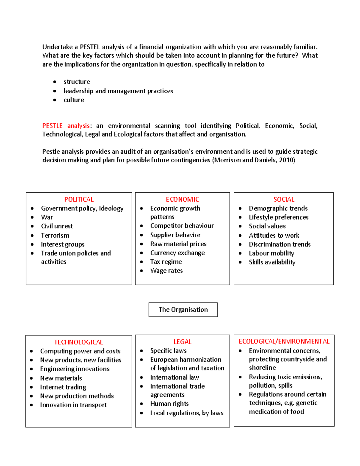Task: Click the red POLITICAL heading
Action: (79, 200)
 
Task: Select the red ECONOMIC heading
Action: (182, 200)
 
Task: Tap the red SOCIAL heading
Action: (284, 200)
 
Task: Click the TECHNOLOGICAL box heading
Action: (78, 342)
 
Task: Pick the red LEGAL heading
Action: (182, 342)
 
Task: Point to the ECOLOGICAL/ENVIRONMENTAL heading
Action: (284, 341)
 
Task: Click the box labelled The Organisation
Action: (183, 310)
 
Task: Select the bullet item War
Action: (47, 217)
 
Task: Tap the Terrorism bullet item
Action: (55, 236)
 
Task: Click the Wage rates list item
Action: (166, 271)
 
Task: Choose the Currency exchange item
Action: (177, 253)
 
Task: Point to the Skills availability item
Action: (272, 262)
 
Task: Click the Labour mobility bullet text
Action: (271, 253)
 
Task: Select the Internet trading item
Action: (63, 387)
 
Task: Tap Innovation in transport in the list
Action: (73, 405)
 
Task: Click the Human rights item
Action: (169, 404)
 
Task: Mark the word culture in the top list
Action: (74, 100)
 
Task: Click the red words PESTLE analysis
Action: (66, 126)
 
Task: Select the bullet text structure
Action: (77, 82)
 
